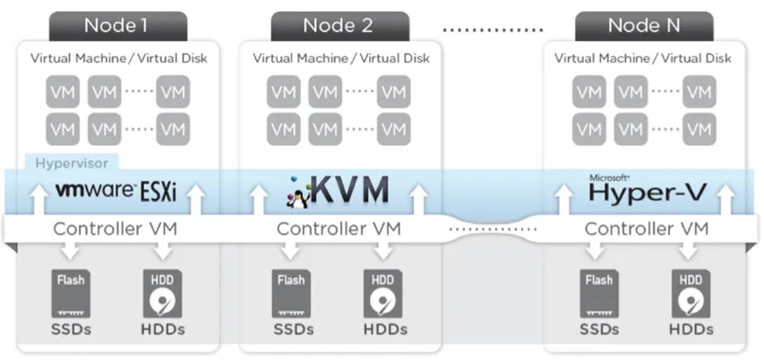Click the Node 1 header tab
(116, 25)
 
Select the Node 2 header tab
(338, 25)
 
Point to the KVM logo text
(352, 190)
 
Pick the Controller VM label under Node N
(646, 228)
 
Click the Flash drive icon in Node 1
(69, 292)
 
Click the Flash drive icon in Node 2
(291, 292)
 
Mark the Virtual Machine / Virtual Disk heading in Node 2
(340, 59)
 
